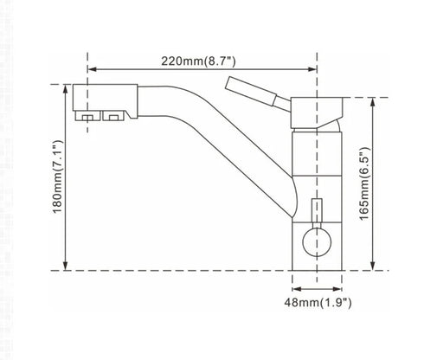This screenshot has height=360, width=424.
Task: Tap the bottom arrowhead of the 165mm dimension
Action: click(x=372, y=266)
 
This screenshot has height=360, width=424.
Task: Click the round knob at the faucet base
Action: click(x=317, y=241)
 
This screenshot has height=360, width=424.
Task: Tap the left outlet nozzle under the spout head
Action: click(x=87, y=115)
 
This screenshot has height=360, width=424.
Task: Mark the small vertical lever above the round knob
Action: click(x=317, y=212)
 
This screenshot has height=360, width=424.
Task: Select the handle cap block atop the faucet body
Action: click(x=316, y=110)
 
